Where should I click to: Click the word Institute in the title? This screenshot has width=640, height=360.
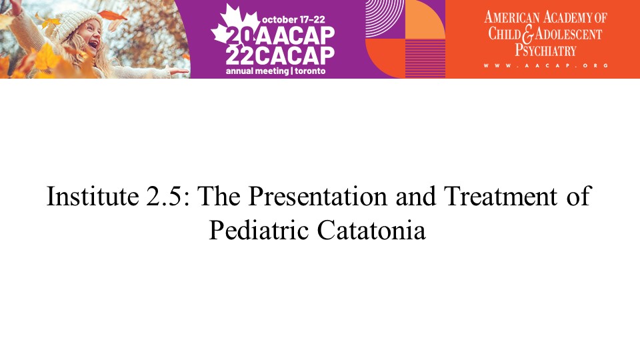coord(93,196)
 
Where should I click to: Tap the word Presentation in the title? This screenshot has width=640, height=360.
coord(317,196)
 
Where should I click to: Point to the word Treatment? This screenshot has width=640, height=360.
coord(501,196)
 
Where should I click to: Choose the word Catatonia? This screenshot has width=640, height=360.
coord(371,230)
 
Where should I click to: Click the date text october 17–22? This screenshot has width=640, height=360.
coord(293,19)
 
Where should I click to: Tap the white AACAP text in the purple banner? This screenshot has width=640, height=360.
coord(296,36)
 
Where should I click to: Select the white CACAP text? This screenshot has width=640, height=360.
coord(296,55)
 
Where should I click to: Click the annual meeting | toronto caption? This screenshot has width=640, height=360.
coord(276,71)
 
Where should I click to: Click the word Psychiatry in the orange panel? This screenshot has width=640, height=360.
coord(545,51)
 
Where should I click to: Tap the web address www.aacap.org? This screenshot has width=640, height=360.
coord(546,65)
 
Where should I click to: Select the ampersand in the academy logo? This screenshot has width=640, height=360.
coord(527,34)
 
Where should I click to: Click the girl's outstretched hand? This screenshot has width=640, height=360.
coord(179,71)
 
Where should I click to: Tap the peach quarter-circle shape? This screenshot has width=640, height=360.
coord(425,19)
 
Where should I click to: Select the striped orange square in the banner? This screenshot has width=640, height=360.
coord(425,59)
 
